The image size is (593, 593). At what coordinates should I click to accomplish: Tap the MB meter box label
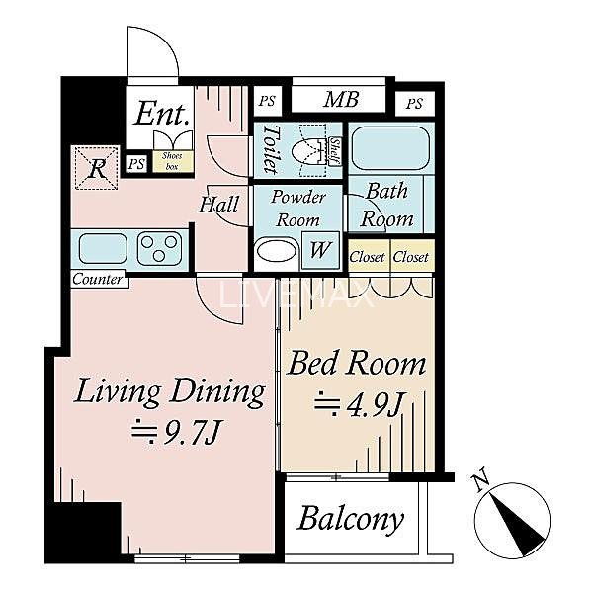click(341, 100)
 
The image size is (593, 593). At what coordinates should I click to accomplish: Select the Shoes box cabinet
click(173, 161)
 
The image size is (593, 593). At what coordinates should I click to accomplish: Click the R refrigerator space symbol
click(97, 169)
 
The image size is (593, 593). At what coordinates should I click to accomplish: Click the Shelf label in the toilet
click(335, 151)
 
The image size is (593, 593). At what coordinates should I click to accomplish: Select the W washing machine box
click(320, 250)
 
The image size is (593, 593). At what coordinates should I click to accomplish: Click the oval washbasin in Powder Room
click(277, 252)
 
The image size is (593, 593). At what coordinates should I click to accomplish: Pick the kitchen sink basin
click(103, 248)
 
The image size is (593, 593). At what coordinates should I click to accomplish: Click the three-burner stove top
click(159, 249)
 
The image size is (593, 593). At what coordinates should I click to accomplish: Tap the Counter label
click(97, 279)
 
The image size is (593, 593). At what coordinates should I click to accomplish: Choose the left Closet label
click(368, 257)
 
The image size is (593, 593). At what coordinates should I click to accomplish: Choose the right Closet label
click(411, 257)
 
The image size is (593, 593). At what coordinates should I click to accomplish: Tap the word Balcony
click(350, 519)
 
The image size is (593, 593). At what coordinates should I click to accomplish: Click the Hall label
click(219, 205)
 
